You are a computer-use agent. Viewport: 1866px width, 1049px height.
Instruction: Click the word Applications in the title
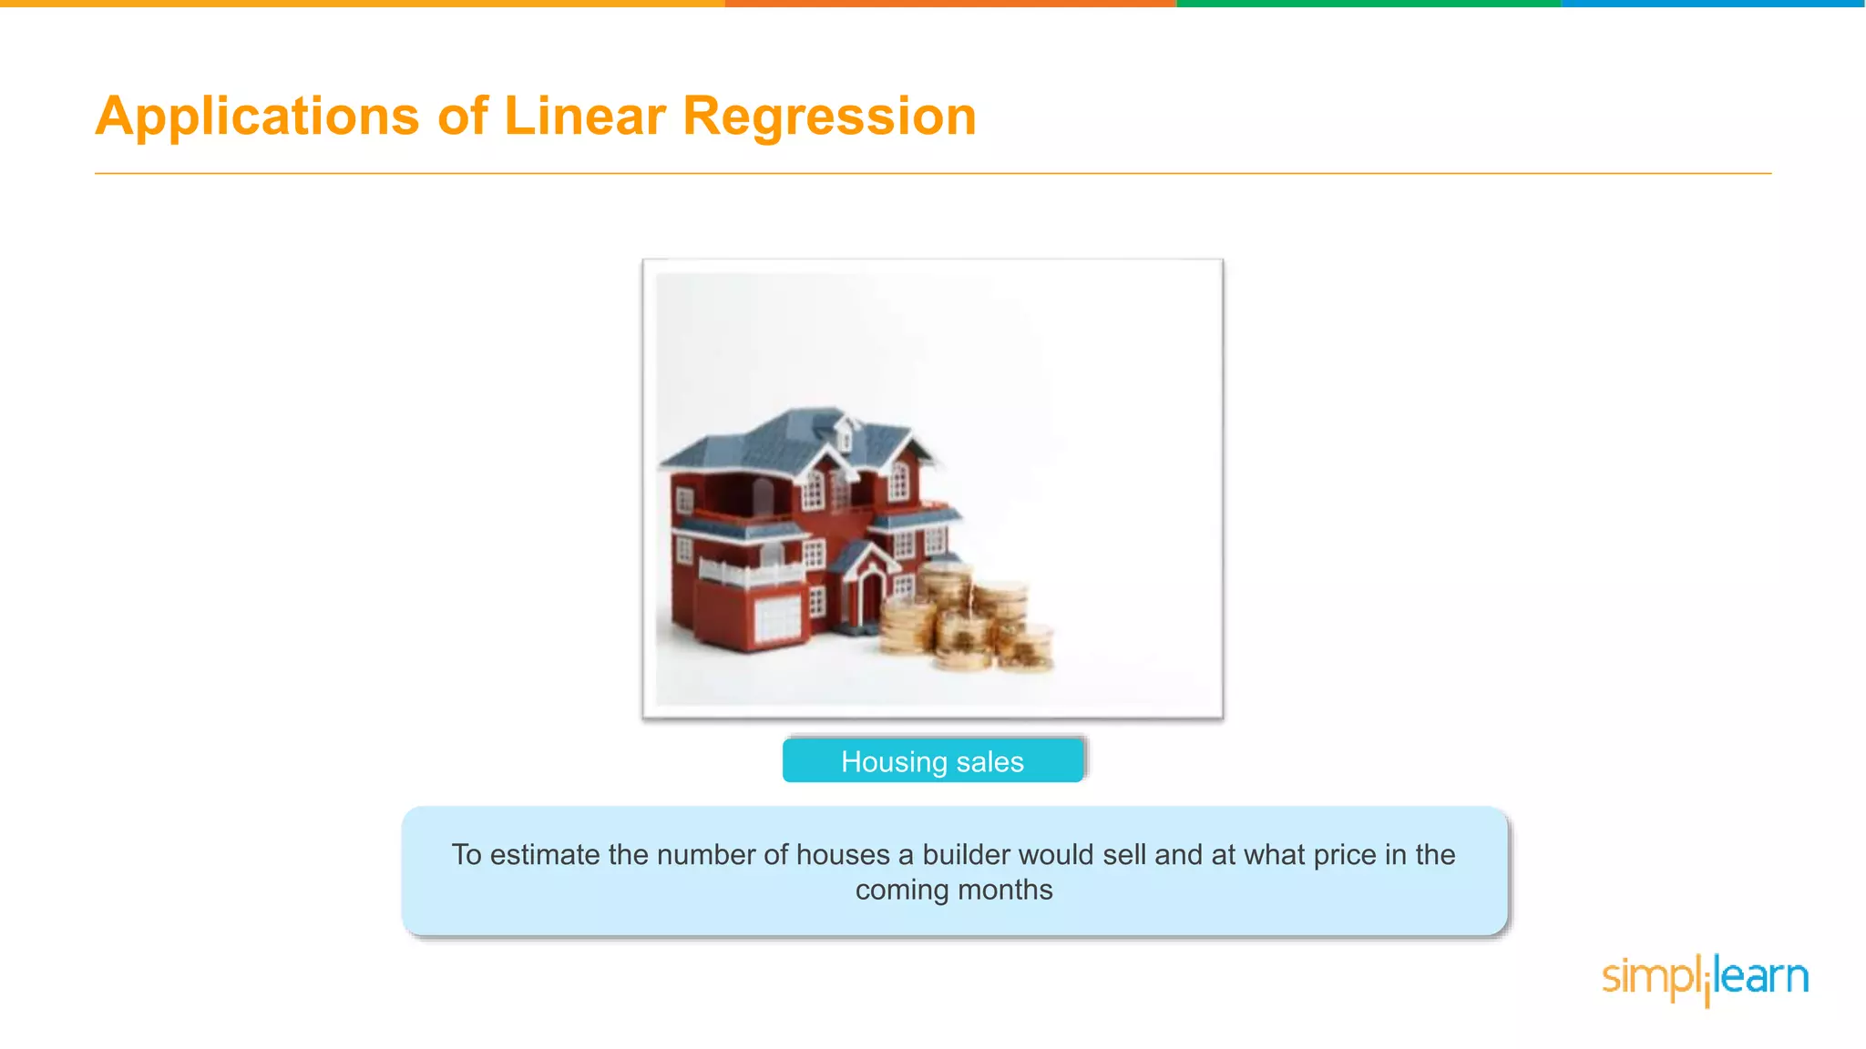tap(258, 117)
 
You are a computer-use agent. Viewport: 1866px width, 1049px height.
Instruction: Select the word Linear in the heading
tap(585, 117)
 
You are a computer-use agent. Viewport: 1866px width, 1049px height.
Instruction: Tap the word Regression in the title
tap(829, 117)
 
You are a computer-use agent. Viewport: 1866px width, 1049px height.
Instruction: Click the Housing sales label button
tap(932, 761)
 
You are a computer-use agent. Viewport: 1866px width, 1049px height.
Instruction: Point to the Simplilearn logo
tap(1705, 979)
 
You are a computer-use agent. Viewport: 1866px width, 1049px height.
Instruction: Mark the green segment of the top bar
tap(1369, 4)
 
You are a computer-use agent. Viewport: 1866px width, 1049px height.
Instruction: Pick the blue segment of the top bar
tap(1713, 4)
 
